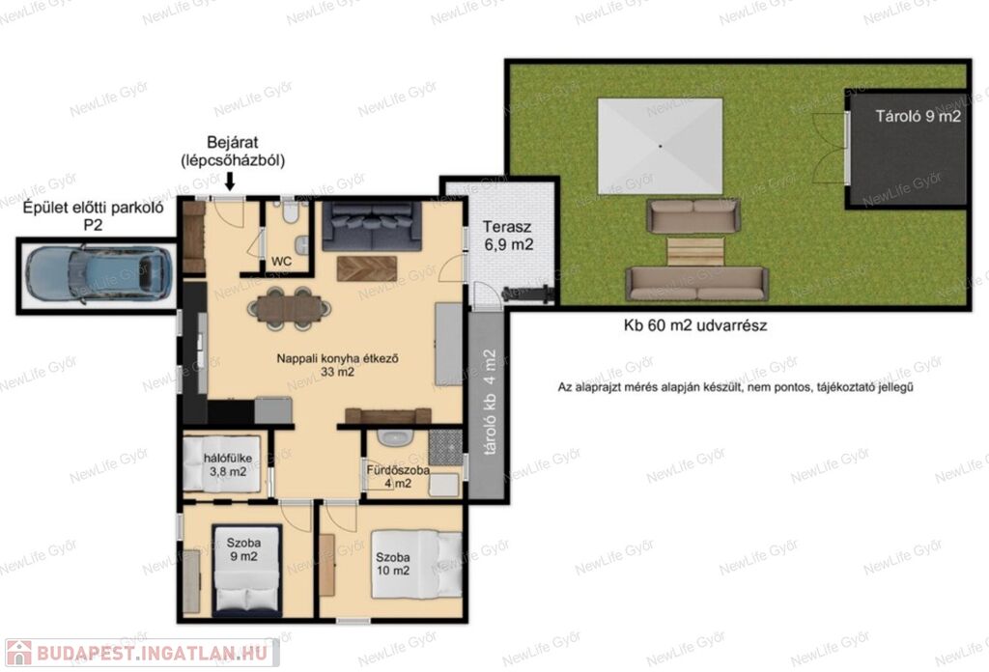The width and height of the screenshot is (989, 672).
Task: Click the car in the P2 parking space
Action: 99,275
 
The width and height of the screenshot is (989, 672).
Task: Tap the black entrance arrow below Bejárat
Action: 230,182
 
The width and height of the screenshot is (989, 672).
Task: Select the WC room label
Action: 281,261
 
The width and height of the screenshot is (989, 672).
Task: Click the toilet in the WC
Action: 290,211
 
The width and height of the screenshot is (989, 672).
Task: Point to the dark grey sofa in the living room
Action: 372,226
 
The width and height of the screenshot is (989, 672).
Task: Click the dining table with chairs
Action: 290,308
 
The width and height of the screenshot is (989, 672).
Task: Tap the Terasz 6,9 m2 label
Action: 508,236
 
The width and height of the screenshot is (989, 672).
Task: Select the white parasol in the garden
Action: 661,146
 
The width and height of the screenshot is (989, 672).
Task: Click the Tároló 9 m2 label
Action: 918,116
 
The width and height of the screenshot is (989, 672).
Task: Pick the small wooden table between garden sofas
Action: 695,251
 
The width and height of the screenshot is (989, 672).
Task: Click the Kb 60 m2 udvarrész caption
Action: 695,326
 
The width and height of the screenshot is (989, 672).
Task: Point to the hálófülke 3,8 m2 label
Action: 228,465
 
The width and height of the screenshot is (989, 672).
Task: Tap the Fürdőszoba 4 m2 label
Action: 398,477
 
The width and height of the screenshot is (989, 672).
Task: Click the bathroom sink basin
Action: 395,436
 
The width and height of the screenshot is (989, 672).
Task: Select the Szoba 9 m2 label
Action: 243,549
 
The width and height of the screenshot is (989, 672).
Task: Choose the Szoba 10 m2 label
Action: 393,564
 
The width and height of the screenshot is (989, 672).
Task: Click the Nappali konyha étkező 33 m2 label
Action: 337,365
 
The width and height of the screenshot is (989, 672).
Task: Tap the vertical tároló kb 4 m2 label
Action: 490,403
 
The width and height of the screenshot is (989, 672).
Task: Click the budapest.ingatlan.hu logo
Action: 142,653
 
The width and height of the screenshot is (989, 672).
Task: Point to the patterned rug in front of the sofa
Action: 366,268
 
